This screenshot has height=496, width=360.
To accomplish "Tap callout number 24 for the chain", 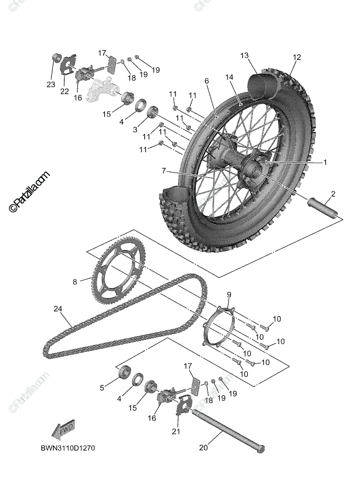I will (57, 308).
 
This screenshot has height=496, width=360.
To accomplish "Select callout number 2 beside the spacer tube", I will (333, 193).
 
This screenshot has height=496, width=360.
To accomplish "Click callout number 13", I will (244, 55).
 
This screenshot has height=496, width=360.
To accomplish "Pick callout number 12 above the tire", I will (297, 57).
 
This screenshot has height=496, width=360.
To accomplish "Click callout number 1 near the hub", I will (325, 162).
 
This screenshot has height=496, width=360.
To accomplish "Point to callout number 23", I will (50, 84).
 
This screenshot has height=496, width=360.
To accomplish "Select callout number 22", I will (64, 91).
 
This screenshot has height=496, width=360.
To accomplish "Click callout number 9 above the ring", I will (229, 294).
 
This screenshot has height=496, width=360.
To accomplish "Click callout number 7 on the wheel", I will (164, 170).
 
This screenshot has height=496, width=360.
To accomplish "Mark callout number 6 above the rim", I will (206, 81).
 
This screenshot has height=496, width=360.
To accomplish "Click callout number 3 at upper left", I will (135, 129).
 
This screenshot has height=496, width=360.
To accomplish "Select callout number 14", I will (229, 77).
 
